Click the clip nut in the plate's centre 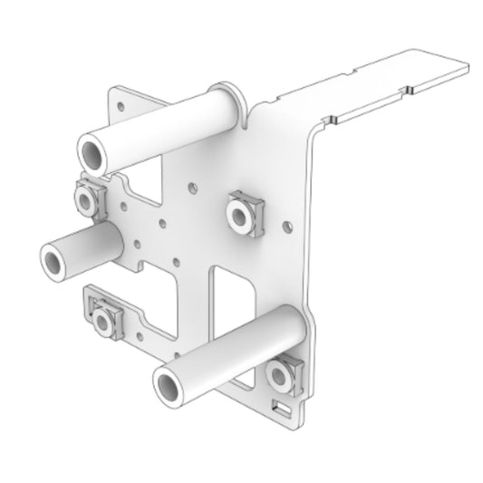point(243,212)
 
